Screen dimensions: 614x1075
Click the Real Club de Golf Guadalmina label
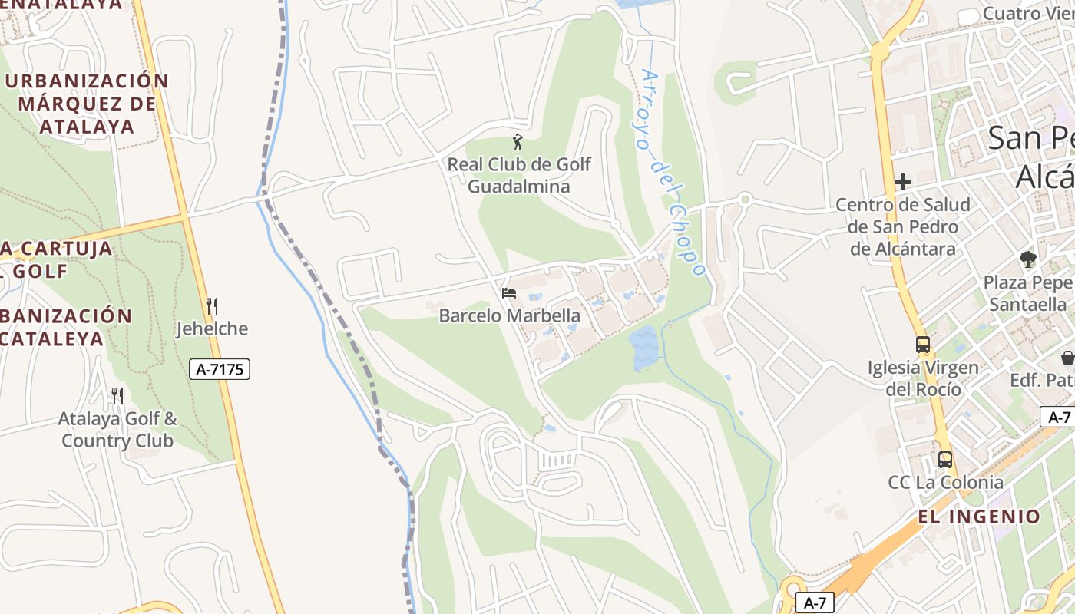pos(519,175)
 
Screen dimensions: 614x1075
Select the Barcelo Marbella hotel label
pos(509,315)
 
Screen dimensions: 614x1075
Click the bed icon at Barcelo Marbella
pos(508,292)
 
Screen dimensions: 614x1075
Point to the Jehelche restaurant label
pos(212,329)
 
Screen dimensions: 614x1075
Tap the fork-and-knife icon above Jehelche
pos(212,306)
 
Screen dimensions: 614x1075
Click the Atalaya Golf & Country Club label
pos(117,430)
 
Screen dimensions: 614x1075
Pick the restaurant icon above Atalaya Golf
pos(117,396)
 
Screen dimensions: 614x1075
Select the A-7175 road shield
pos(220,369)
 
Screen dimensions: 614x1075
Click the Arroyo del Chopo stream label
pos(673,173)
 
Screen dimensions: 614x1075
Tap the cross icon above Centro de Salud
pos(903,182)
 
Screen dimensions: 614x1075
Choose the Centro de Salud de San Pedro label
pos(903,226)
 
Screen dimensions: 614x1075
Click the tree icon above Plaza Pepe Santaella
pos(1028,259)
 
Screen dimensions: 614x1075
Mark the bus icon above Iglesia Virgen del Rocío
pos(923,345)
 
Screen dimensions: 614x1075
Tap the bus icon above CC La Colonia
pos(945,460)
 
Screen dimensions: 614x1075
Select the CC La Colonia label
pos(945,482)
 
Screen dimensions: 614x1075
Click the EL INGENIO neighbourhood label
pos(979,517)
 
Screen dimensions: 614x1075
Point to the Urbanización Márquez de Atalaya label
pos(86,104)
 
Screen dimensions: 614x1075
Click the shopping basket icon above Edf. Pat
pos(1067,357)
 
